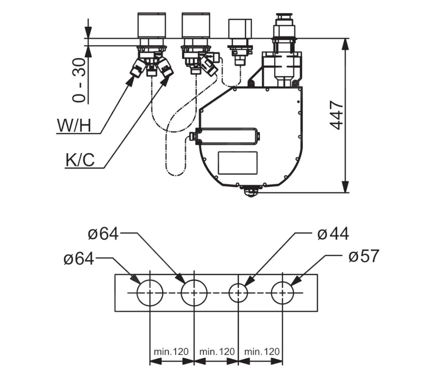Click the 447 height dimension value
click(x=337, y=115)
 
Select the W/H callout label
click(x=74, y=126)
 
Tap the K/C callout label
click(x=80, y=160)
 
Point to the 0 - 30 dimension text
click(x=80, y=80)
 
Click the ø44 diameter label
click(x=333, y=234)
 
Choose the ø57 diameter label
click(x=364, y=256)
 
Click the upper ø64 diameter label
click(x=103, y=234)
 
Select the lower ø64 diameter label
click(x=79, y=259)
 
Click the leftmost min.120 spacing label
click(x=171, y=352)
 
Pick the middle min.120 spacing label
click(x=217, y=352)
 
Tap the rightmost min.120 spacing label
click(x=262, y=352)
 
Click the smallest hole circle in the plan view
click(x=238, y=293)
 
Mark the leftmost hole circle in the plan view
click(x=150, y=293)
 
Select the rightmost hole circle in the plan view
click(x=283, y=293)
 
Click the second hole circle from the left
click(x=194, y=293)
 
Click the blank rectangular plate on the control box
click(x=238, y=163)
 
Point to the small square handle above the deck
click(x=240, y=28)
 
